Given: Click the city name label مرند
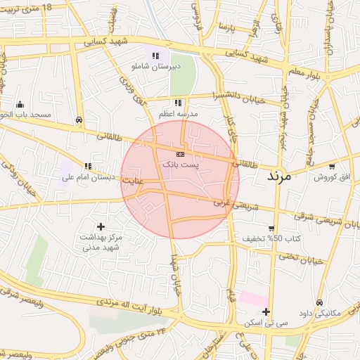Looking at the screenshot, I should (283, 176).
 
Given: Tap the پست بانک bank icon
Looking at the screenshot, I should (181, 153).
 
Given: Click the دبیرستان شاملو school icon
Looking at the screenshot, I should (155, 55).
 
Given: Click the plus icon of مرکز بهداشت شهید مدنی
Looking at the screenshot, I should (101, 226).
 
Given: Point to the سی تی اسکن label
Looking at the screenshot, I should (262, 323).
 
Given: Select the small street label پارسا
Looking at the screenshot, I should (225, 27).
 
